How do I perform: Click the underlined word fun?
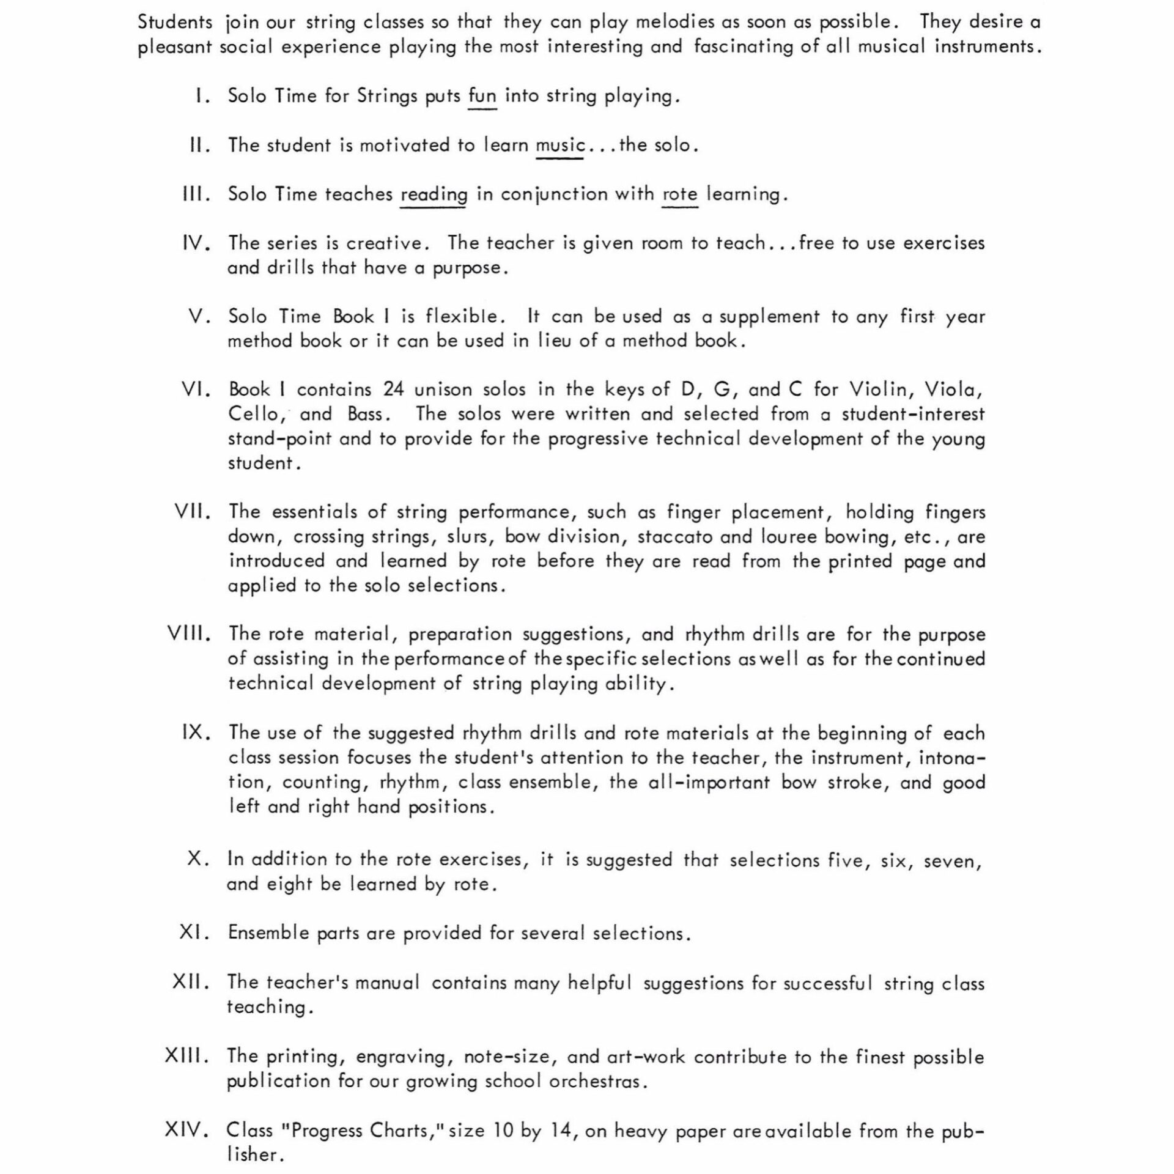click(x=482, y=97)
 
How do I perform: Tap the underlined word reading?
click(x=434, y=195)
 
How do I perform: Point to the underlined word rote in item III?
click(x=680, y=194)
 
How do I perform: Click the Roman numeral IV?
click(x=197, y=243)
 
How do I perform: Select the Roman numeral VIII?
click(x=189, y=633)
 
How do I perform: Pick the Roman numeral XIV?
click(x=187, y=1130)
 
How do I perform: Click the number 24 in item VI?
click(x=394, y=389)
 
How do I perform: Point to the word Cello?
click(x=257, y=415)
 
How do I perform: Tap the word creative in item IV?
click(x=384, y=243)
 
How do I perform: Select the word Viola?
click(x=953, y=389)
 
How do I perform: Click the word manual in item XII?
click(x=387, y=983)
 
